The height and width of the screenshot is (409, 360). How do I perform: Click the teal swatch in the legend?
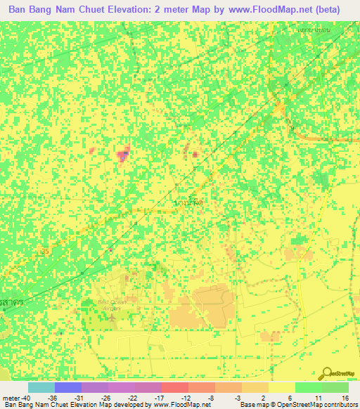[x=41, y=387]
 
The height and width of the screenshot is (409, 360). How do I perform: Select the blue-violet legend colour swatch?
[x=67, y=387]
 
